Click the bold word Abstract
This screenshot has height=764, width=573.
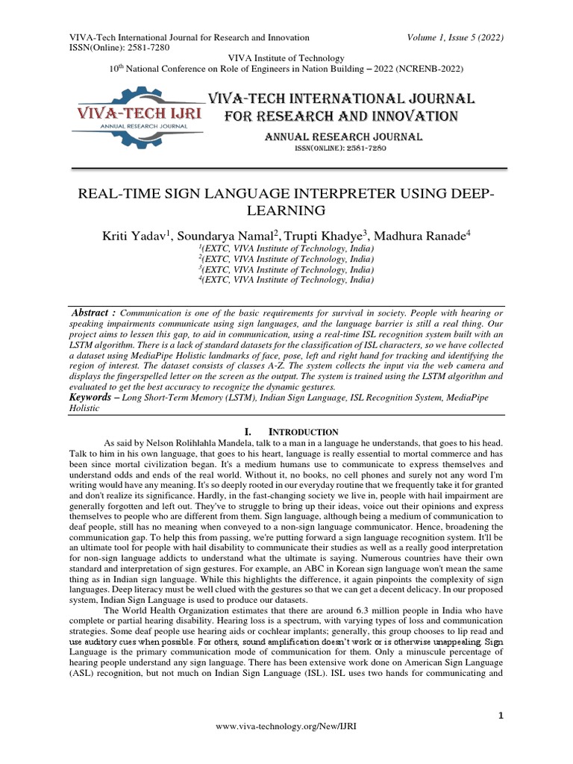tap(93, 310)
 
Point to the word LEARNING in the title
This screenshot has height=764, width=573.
tap(286, 210)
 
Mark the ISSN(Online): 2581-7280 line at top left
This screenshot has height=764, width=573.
tap(119, 48)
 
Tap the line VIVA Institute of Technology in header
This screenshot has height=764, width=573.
tap(286, 58)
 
